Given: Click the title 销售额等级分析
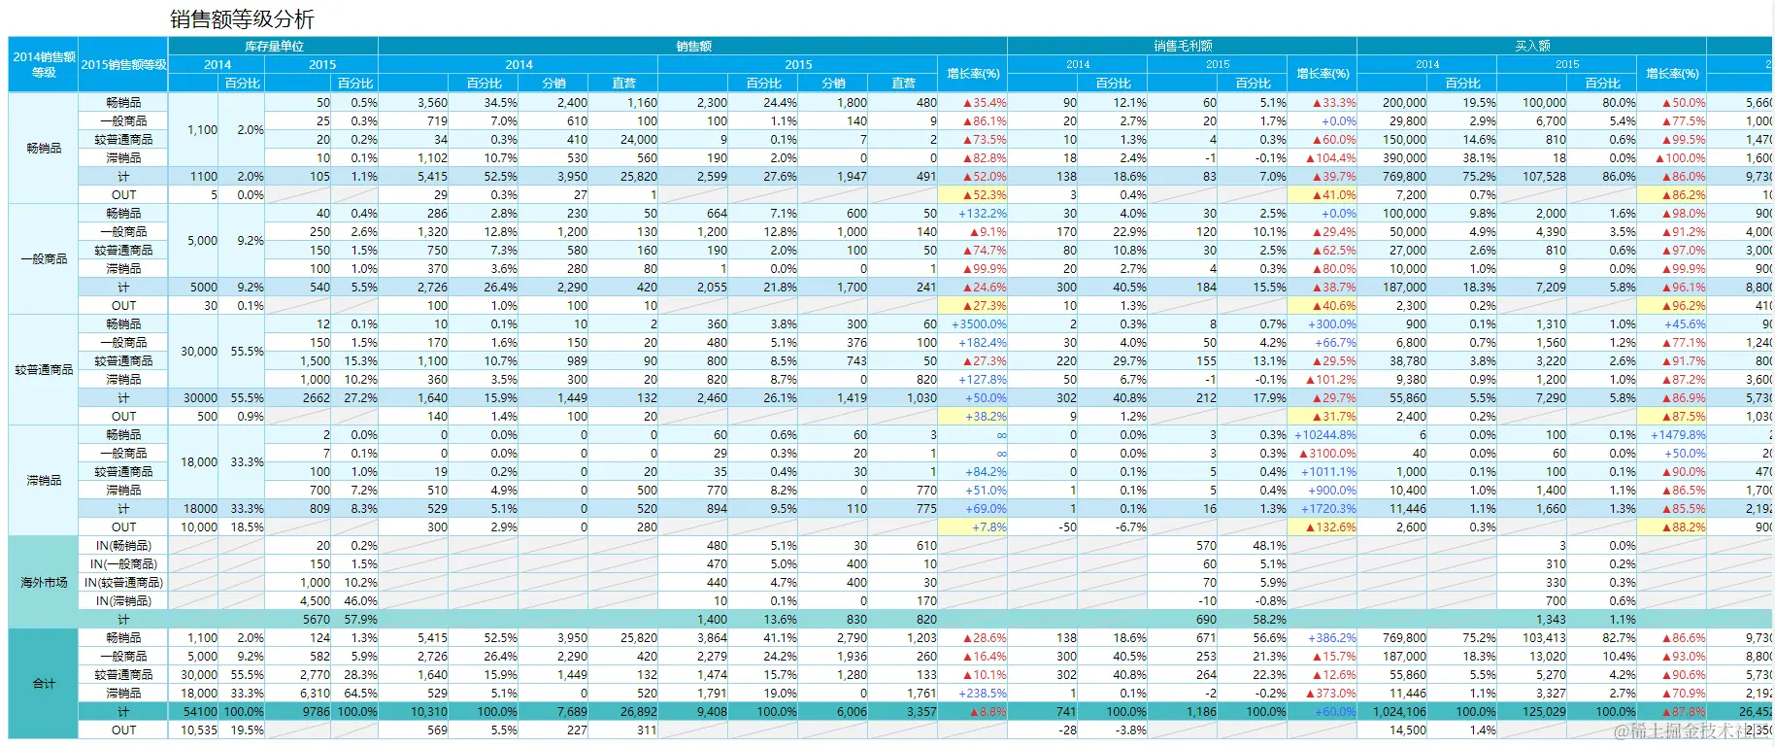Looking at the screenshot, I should [x=242, y=18].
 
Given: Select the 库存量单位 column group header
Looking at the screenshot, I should [x=273, y=46].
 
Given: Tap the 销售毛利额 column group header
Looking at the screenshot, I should [x=1182, y=46].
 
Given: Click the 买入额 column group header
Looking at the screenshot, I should [x=1532, y=46].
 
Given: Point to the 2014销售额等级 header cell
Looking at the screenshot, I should [x=44, y=64].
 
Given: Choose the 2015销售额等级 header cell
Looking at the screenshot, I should [x=123, y=64].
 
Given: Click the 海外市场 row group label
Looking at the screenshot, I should [x=44, y=582].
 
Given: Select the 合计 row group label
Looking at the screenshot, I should [x=44, y=684].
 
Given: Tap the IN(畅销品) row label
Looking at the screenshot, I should [x=123, y=546].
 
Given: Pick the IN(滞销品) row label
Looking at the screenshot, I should [x=123, y=601].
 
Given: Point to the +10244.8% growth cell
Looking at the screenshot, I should [x=1324, y=435].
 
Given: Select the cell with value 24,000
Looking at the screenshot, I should [x=638, y=140].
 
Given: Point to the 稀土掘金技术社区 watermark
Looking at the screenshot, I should [x=1690, y=731].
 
